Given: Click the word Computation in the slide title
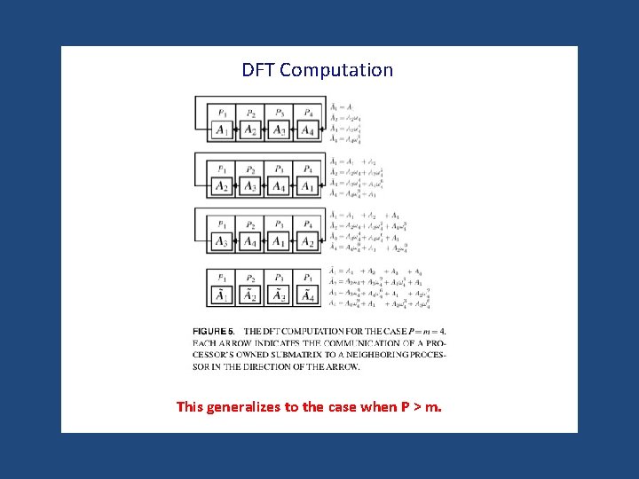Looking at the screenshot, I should coord(336,70).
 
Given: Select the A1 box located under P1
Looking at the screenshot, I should coord(222,130).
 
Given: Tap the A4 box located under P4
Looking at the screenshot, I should coord(307,130).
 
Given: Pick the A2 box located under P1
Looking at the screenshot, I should coord(222,186).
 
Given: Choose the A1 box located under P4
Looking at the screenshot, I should coord(307,186).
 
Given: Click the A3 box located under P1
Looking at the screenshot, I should coord(222,241).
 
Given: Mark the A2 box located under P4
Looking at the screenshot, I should coord(307,241).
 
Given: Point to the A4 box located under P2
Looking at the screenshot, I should coord(251,241).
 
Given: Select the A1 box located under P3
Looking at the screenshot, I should coord(280,241).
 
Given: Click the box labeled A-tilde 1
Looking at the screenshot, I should coord(222,296).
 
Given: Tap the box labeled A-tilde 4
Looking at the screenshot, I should coord(307,296).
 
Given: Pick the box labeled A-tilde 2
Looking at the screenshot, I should coord(251,296).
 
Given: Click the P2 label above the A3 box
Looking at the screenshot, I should coord(251,169).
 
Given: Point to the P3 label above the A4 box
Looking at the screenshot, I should coord(280,169).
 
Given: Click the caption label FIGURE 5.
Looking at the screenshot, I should coord(213,332).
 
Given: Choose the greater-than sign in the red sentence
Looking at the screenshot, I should coord(415,407).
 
